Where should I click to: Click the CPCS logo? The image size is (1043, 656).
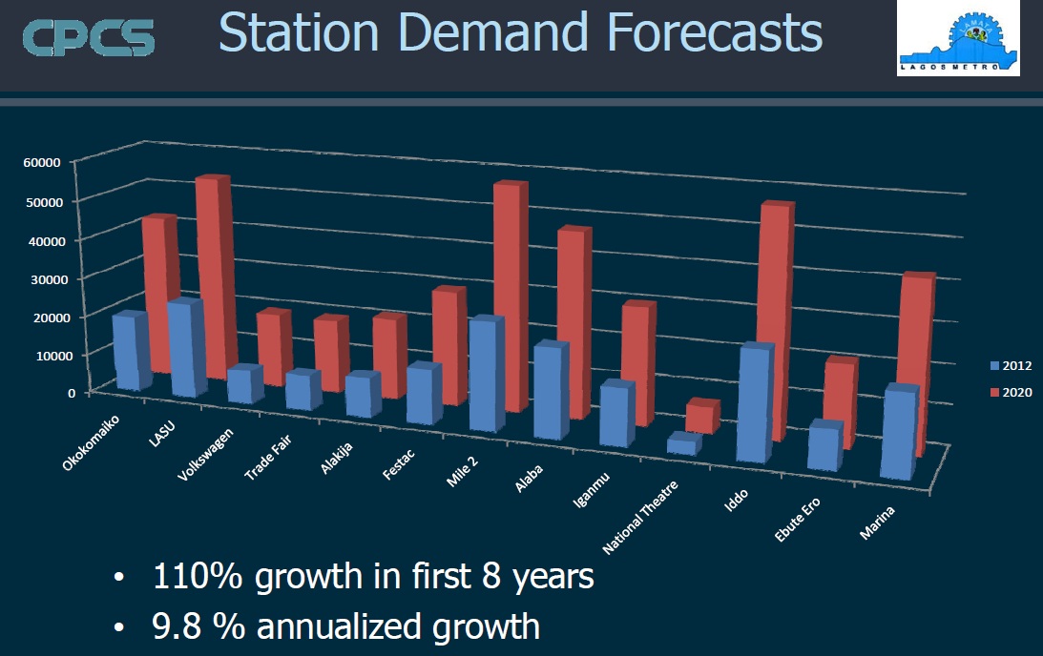click(88, 37)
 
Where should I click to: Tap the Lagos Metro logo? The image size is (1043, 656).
click(958, 39)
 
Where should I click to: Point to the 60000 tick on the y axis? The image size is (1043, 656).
click(41, 162)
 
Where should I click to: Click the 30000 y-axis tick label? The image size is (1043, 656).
click(41, 278)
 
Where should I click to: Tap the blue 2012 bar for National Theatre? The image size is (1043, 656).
click(682, 444)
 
